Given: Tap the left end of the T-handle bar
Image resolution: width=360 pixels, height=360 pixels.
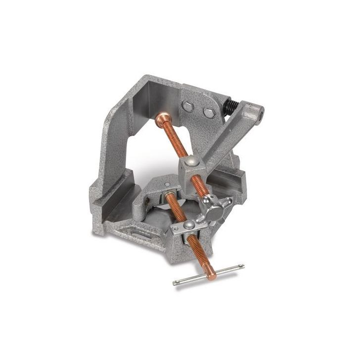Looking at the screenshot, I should pyautogui.click(x=177, y=283).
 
